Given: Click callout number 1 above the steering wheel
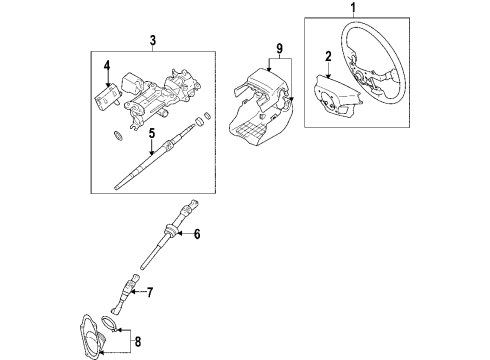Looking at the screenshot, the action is [x=353, y=7].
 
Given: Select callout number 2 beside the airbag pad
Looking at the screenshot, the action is [x=328, y=57].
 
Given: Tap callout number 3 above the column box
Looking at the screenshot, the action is [x=153, y=40].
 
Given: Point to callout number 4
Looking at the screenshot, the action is [x=107, y=66].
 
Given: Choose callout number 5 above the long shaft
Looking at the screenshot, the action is [x=152, y=134].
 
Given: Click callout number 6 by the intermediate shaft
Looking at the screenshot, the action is [x=197, y=234].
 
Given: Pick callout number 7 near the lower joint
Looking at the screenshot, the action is [x=150, y=292].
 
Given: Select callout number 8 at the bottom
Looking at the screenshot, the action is [x=138, y=341].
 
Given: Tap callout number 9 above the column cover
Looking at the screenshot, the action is [x=279, y=49].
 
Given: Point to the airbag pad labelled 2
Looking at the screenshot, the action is [x=335, y=97].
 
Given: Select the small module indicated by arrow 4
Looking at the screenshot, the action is [x=107, y=96].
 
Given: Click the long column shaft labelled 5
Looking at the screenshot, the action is [x=157, y=157].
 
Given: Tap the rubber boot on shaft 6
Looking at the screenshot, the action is [x=171, y=230].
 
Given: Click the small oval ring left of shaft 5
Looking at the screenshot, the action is [x=118, y=135].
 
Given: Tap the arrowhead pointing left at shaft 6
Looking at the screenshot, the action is [x=179, y=234].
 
